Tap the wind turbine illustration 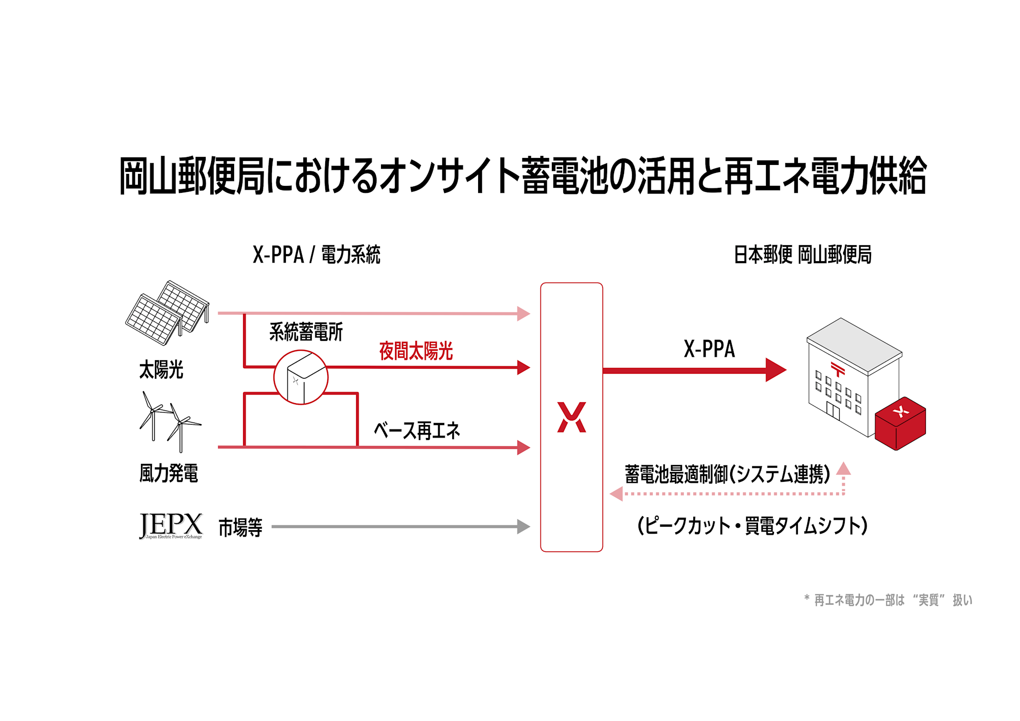[170, 422]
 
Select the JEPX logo [171, 526]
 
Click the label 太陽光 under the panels [161, 370]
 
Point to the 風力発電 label [168, 473]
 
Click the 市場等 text [240, 527]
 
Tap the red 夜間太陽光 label [416, 351]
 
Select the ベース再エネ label [417, 431]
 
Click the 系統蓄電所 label [306, 332]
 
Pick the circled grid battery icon [301, 377]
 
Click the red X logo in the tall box [571, 417]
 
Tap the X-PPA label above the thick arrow [709, 349]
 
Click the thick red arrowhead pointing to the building [775, 370]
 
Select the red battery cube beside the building [900, 423]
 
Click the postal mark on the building [838, 369]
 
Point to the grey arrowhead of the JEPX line [523, 526]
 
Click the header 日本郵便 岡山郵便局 [802, 255]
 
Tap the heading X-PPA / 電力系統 [316, 255]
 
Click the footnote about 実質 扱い [888, 600]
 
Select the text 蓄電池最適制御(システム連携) [727, 474]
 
